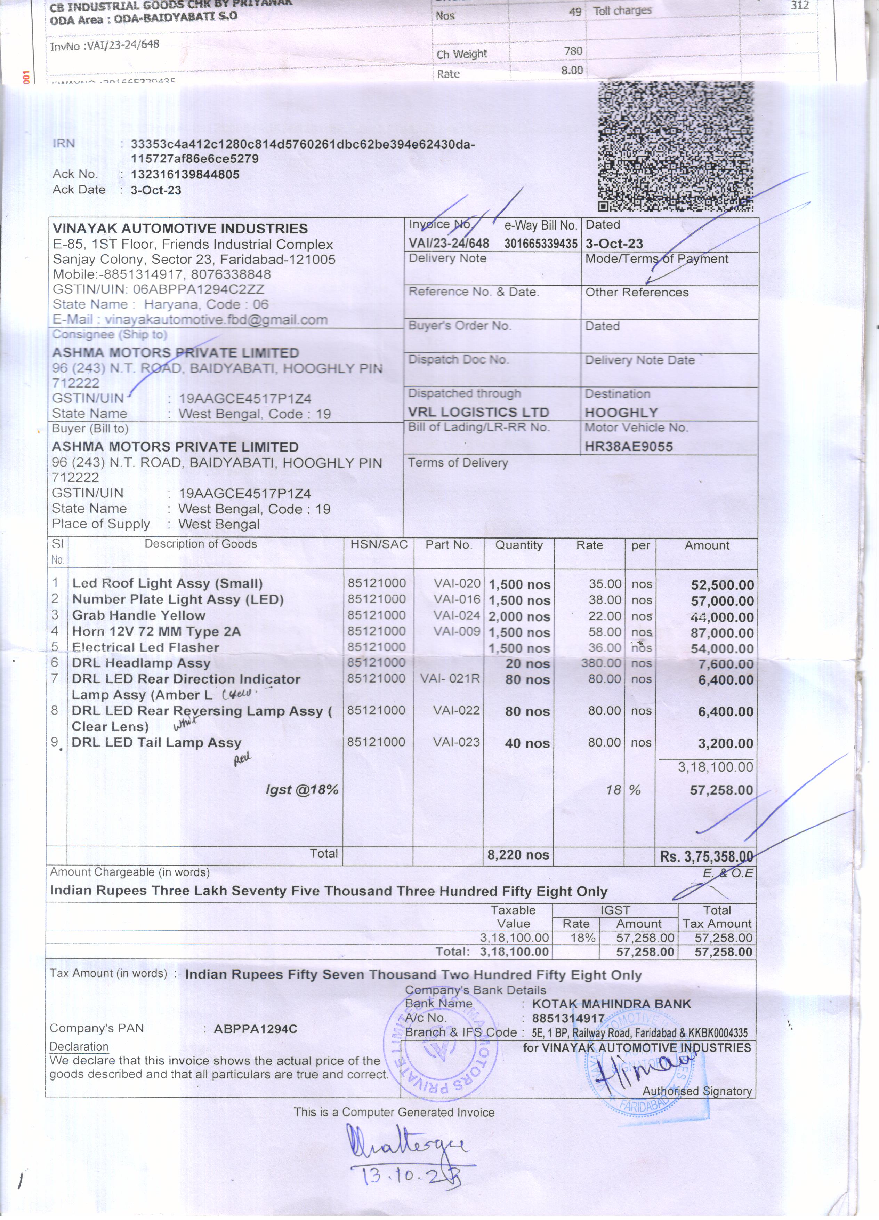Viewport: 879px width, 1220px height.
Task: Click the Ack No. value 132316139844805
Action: click(185, 174)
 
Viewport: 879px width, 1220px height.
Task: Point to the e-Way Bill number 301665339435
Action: click(541, 244)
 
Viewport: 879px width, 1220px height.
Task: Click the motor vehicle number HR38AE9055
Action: click(628, 446)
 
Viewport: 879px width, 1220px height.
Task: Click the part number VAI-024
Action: click(457, 615)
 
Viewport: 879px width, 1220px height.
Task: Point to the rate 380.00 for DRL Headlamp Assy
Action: click(601, 663)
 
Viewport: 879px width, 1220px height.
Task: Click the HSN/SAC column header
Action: click(379, 545)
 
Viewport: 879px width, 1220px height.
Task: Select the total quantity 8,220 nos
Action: click(518, 855)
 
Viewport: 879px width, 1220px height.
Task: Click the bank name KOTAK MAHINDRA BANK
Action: click(611, 1004)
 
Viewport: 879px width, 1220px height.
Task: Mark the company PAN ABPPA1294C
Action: click(255, 1029)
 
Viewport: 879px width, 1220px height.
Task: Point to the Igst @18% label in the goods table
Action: click(302, 790)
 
